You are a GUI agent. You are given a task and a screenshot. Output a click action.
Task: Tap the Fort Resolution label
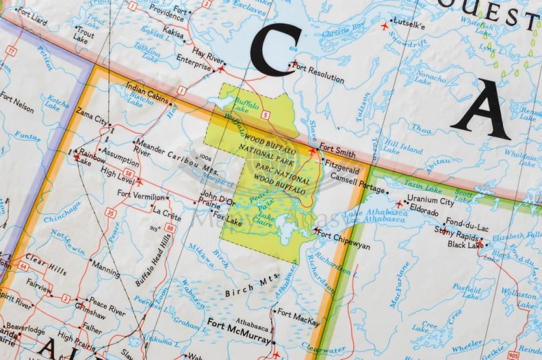coord(318,71)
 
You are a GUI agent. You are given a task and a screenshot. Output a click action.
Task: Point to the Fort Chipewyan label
coord(345,246)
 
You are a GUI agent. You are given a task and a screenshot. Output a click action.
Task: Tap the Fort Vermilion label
coord(142,194)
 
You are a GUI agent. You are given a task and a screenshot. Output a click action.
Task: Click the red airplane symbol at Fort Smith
coord(312,152)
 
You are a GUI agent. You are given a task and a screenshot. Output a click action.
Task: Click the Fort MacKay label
coord(299,314)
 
